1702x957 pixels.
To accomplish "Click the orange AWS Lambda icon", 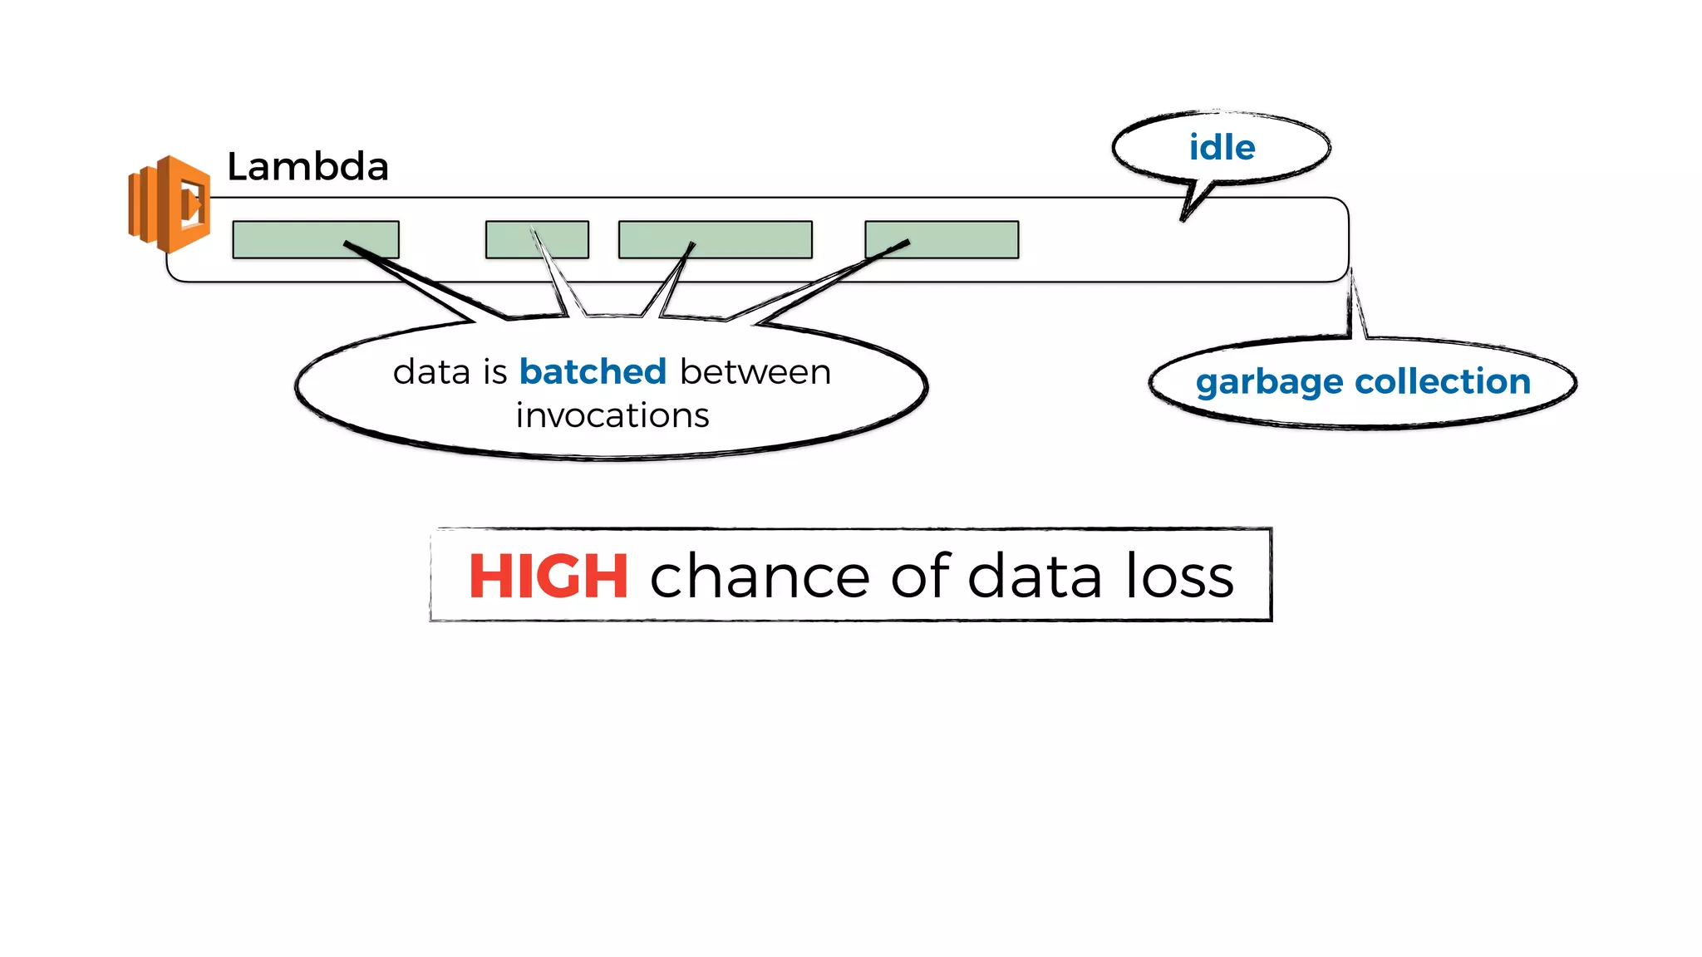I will [x=170, y=204].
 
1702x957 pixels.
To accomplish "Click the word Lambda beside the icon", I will [x=307, y=167].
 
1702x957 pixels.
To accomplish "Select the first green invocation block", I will [x=315, y=239].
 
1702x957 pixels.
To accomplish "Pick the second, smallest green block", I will [x=537, y=239].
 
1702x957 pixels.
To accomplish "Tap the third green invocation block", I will [x=715, y=239].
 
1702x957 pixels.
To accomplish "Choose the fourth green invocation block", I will [x=942, y=239].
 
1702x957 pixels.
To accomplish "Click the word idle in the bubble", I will [x=1221, y=148].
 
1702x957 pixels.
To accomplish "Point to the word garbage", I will [x=1269, y=382].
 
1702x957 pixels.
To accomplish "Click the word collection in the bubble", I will [x=1443, y=381].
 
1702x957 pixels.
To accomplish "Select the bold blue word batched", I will [x=593, y=371].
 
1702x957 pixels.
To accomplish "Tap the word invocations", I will [x=612, y=415].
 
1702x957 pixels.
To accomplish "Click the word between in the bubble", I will [x=755, y=371].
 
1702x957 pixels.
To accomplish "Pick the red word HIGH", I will [x=548, y=576].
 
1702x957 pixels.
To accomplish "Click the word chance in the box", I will [x=759, y=576].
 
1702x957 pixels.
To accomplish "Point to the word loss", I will [x=1179, y=576].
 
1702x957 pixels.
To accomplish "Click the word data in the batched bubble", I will [x=431, y=371].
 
